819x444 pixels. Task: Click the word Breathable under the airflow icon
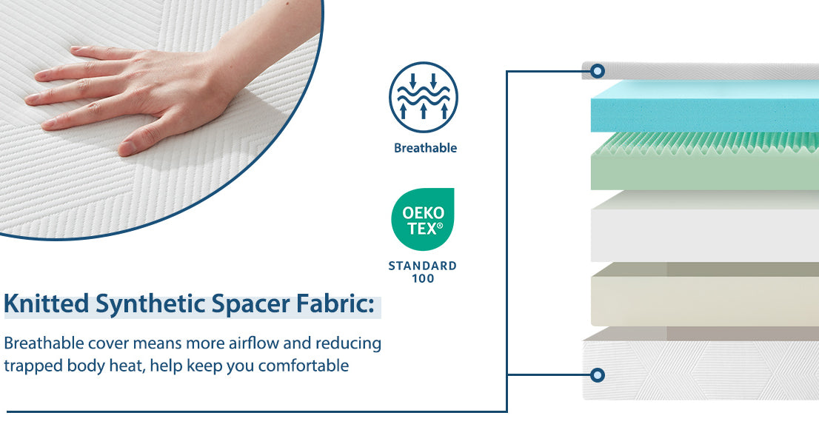tap(425, 148)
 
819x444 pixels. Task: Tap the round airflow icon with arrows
tap(424, 97)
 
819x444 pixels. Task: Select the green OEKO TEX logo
tap(423, 219)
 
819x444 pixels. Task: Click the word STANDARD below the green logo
tap(423, 266)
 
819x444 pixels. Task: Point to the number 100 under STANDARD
tap(423, 278)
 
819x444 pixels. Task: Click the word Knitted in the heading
tap(47, 303)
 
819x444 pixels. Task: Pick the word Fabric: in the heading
tap(335, 303)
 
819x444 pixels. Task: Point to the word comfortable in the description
tap(304, 366)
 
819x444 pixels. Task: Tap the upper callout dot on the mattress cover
tap(598, 71)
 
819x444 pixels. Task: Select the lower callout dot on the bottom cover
tap(598, 375)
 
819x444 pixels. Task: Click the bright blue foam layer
tap(705, 107)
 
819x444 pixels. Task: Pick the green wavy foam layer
tap(705, 161)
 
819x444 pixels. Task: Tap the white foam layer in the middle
tap(705, 226)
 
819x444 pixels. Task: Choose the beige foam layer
tap(705, 295)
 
